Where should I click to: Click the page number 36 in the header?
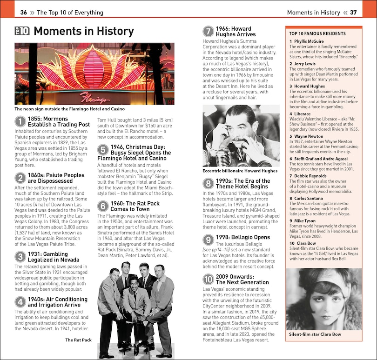coord(24,13)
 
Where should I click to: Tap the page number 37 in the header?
coord(353,13)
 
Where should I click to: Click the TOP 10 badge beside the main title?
coord(22,31)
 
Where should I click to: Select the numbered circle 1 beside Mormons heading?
coord(20,122)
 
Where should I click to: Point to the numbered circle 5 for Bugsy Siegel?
coord(103,150)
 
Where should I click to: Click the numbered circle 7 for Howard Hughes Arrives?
coord(208,32)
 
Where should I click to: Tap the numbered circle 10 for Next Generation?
coord(208,279)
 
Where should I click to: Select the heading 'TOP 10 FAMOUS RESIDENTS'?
coord(317,34)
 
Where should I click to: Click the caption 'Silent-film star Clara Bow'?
coord(315,334)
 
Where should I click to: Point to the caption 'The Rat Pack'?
coord(78,340)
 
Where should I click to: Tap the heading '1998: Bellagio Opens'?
coord(242,237)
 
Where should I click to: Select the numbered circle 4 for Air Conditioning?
coord(20,302)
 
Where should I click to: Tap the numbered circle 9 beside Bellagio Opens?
coord(208,240)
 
